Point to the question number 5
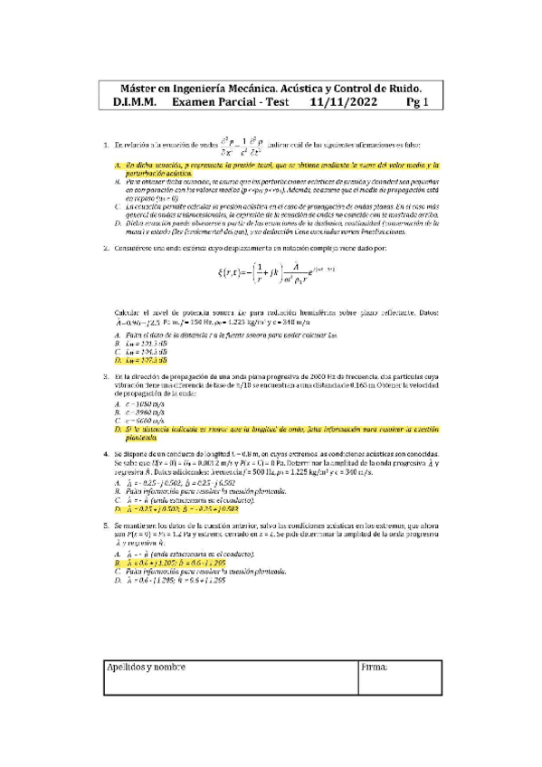click(x=109, y=525)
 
